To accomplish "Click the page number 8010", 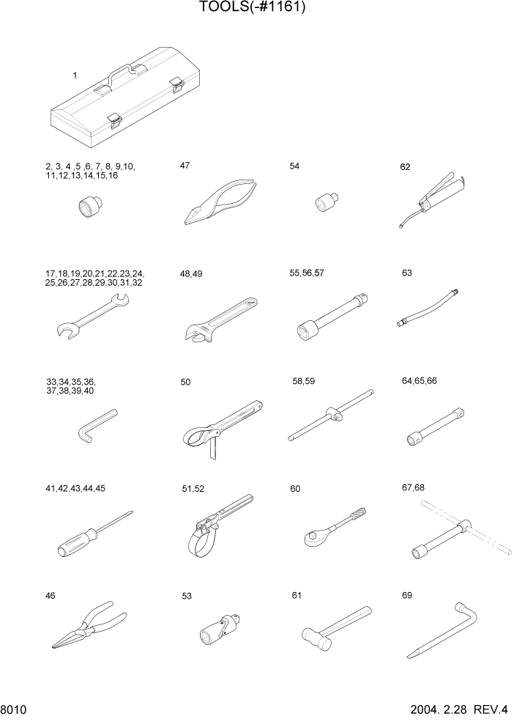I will [15, 710].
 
